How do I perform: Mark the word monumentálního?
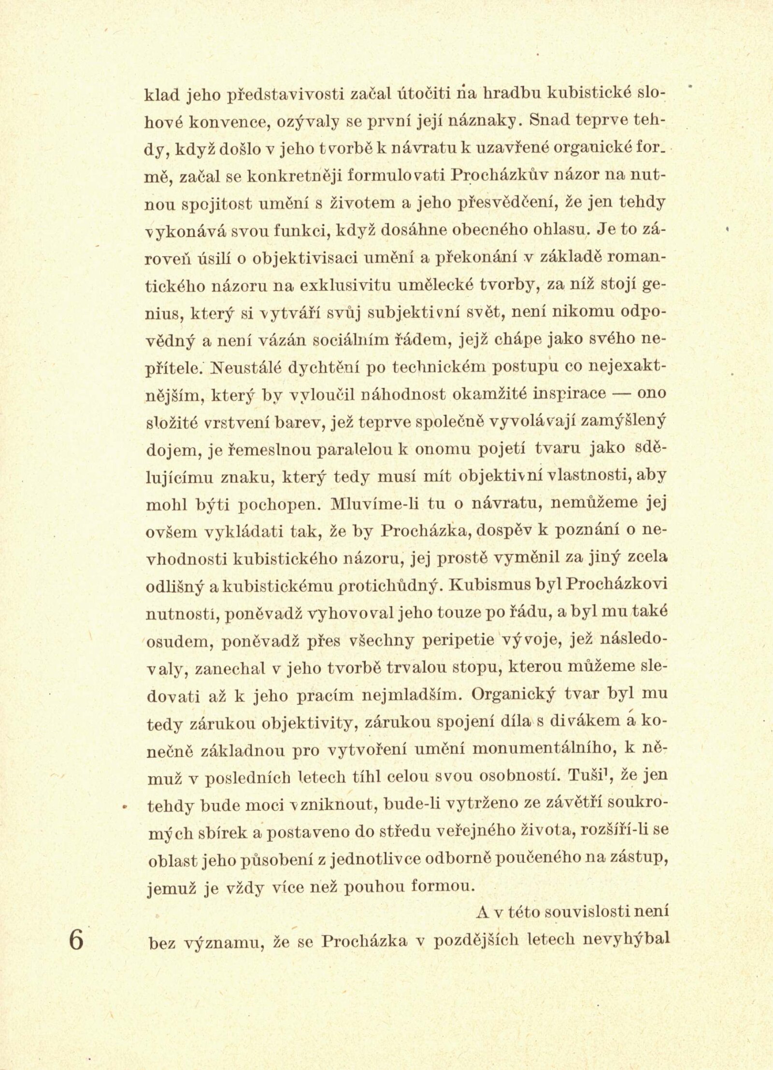[536, 750]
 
